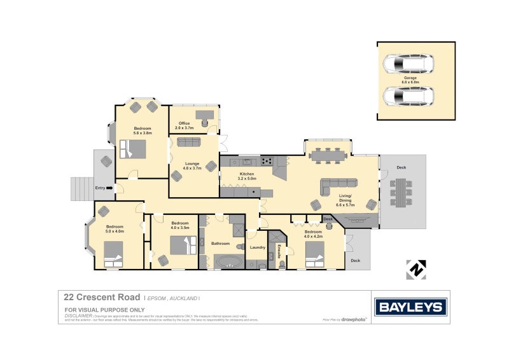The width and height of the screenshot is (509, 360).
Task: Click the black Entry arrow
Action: click(109, 188)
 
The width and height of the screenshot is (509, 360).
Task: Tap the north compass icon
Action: click(415, 269)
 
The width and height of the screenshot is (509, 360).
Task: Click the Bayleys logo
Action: click(410, 307)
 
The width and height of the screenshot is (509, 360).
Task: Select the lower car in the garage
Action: click(408, 97)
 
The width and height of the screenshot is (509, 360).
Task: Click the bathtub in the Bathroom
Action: click(228, 261)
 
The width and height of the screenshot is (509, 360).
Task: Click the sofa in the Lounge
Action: click(188, 142)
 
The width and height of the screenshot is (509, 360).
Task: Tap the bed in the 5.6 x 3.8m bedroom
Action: click(133, 149)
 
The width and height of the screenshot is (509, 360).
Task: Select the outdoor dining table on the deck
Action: click(401, 192)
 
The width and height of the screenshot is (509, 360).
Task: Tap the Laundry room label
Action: click(257, 247)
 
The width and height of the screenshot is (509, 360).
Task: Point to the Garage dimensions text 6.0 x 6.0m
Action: click(410, 82)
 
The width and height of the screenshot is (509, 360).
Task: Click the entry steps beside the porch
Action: click(81, 188)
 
